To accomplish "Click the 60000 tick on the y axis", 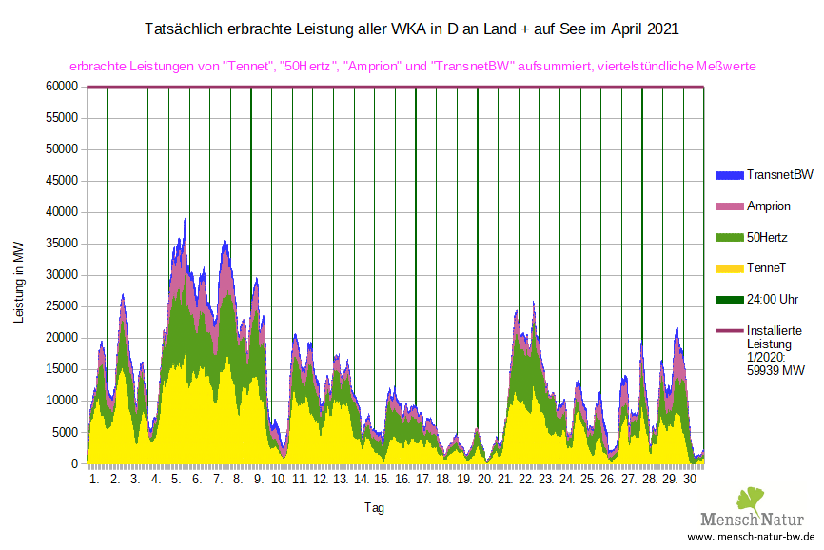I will (60, 87).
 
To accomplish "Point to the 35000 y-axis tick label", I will (60, 244).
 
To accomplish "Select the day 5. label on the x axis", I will (176, 481).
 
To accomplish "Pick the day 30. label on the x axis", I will (691, 481).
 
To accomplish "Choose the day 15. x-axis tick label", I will (382, 481).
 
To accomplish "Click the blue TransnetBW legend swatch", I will (728, 175).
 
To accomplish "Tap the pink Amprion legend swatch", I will (728, 206).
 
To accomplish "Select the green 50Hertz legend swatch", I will (728, 236).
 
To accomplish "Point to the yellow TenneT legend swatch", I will (728, 268).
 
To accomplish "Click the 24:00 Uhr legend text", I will (773, 299).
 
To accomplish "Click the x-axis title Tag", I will (374, 508).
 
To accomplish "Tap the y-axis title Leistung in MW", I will (19, 281).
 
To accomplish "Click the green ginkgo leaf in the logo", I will (751, 500).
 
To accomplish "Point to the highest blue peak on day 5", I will (185, 219).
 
